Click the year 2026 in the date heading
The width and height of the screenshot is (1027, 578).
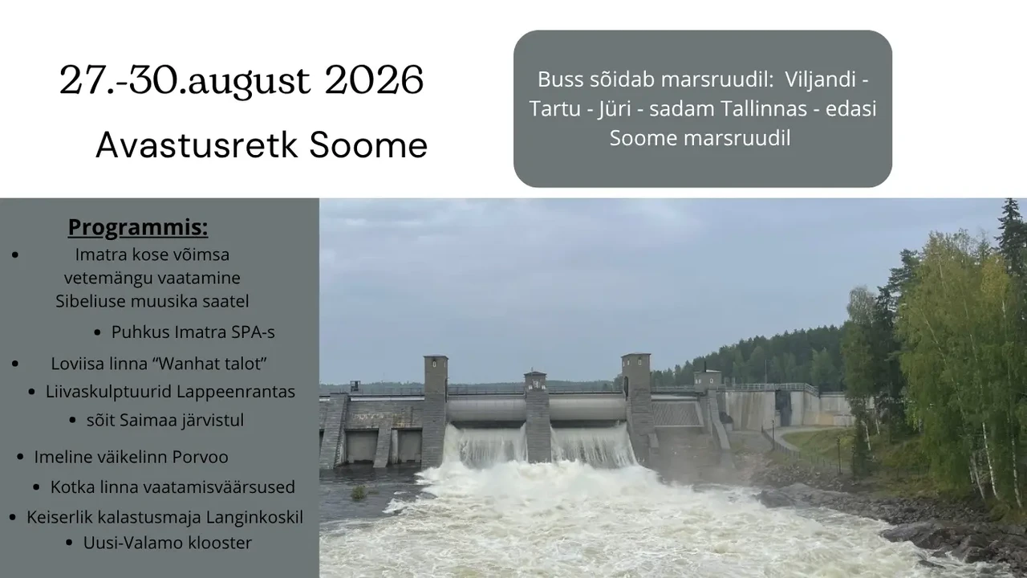click(374, 80)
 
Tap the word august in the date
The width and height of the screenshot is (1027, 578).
click(249, 83)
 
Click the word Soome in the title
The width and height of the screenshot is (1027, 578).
click(368, 145)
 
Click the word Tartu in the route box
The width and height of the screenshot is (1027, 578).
click(554, 109)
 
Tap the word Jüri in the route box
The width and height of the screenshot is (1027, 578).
click(615, 109)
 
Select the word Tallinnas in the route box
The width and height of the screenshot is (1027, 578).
click(764, 108)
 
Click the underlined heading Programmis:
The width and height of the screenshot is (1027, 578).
click(138, 227)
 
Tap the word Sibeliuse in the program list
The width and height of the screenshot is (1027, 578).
click(91, 301)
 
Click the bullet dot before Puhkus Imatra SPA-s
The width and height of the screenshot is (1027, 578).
click(97, 332)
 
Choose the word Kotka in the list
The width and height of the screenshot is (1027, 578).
click(70, 487)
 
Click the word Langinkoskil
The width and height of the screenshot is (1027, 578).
click(254, 518)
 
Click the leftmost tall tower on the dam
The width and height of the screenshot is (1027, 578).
click(435, 410)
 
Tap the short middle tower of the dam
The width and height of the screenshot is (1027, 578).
click(537, 417)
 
